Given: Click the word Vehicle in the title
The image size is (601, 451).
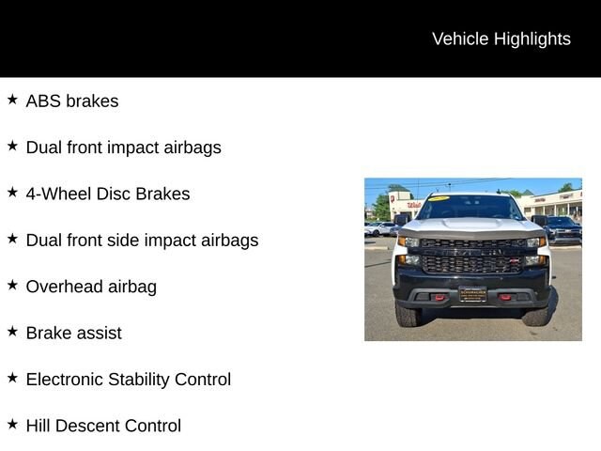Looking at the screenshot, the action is tap(460, 39).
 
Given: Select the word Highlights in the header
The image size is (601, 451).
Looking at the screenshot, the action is tap(532, 39).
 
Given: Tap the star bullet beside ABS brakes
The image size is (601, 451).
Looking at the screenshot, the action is tap(12, 100).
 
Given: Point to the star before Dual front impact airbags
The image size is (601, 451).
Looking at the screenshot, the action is tap(12, 146).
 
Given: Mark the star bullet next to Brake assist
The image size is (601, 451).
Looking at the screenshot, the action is tap(12, 332).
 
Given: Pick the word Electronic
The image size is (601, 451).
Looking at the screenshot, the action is tap(65, 380).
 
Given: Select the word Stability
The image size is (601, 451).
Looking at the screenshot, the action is tap(139, 380).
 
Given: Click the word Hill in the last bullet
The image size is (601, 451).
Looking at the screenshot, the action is tap(38, 426).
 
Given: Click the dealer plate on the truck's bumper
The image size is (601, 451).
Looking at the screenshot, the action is tap(472, 294).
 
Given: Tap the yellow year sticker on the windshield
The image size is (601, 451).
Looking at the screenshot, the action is tap(439, 198).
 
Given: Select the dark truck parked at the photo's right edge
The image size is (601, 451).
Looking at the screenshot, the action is tap(561, 229).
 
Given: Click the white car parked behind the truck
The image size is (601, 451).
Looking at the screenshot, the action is tap(379, 229).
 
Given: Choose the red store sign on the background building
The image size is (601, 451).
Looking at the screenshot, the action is tap(414, 205).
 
